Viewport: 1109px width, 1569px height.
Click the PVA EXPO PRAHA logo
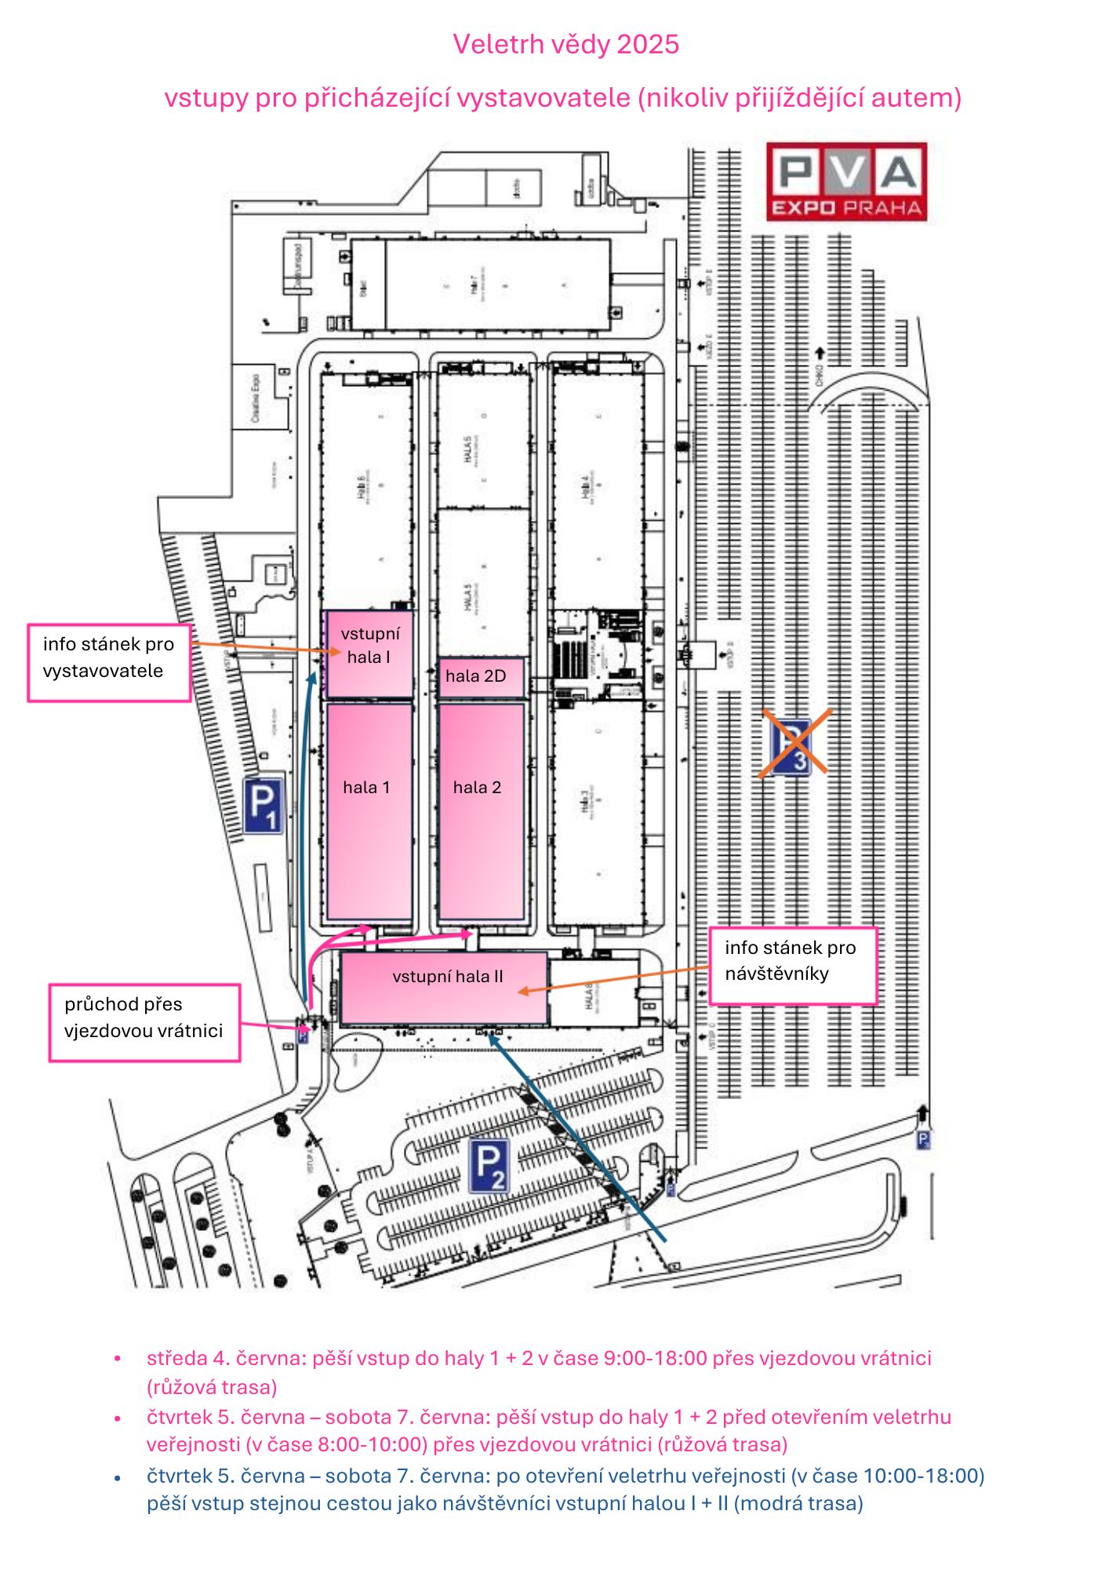click(846, 181)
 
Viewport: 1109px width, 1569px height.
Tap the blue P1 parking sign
click(263, 805)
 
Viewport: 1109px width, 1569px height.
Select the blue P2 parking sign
click(490, 1166)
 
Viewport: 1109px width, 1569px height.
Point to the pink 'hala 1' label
click(366, 788)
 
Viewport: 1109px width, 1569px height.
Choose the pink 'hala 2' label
click(477, 788)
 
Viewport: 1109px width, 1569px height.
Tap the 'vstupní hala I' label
click(369, 646)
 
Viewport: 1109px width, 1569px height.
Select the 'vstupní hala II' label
click(448, 977)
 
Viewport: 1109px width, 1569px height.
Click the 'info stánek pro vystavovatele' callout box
click(109, 662)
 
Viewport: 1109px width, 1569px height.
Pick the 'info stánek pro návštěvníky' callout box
click(792, 966)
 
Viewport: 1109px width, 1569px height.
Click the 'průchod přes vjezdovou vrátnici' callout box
click(144, 1022)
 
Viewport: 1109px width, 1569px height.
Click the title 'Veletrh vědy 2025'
click(565, 45)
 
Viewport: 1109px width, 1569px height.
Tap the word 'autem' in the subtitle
click(916, 98)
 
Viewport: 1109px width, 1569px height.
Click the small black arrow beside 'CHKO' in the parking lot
click(820, 353)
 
